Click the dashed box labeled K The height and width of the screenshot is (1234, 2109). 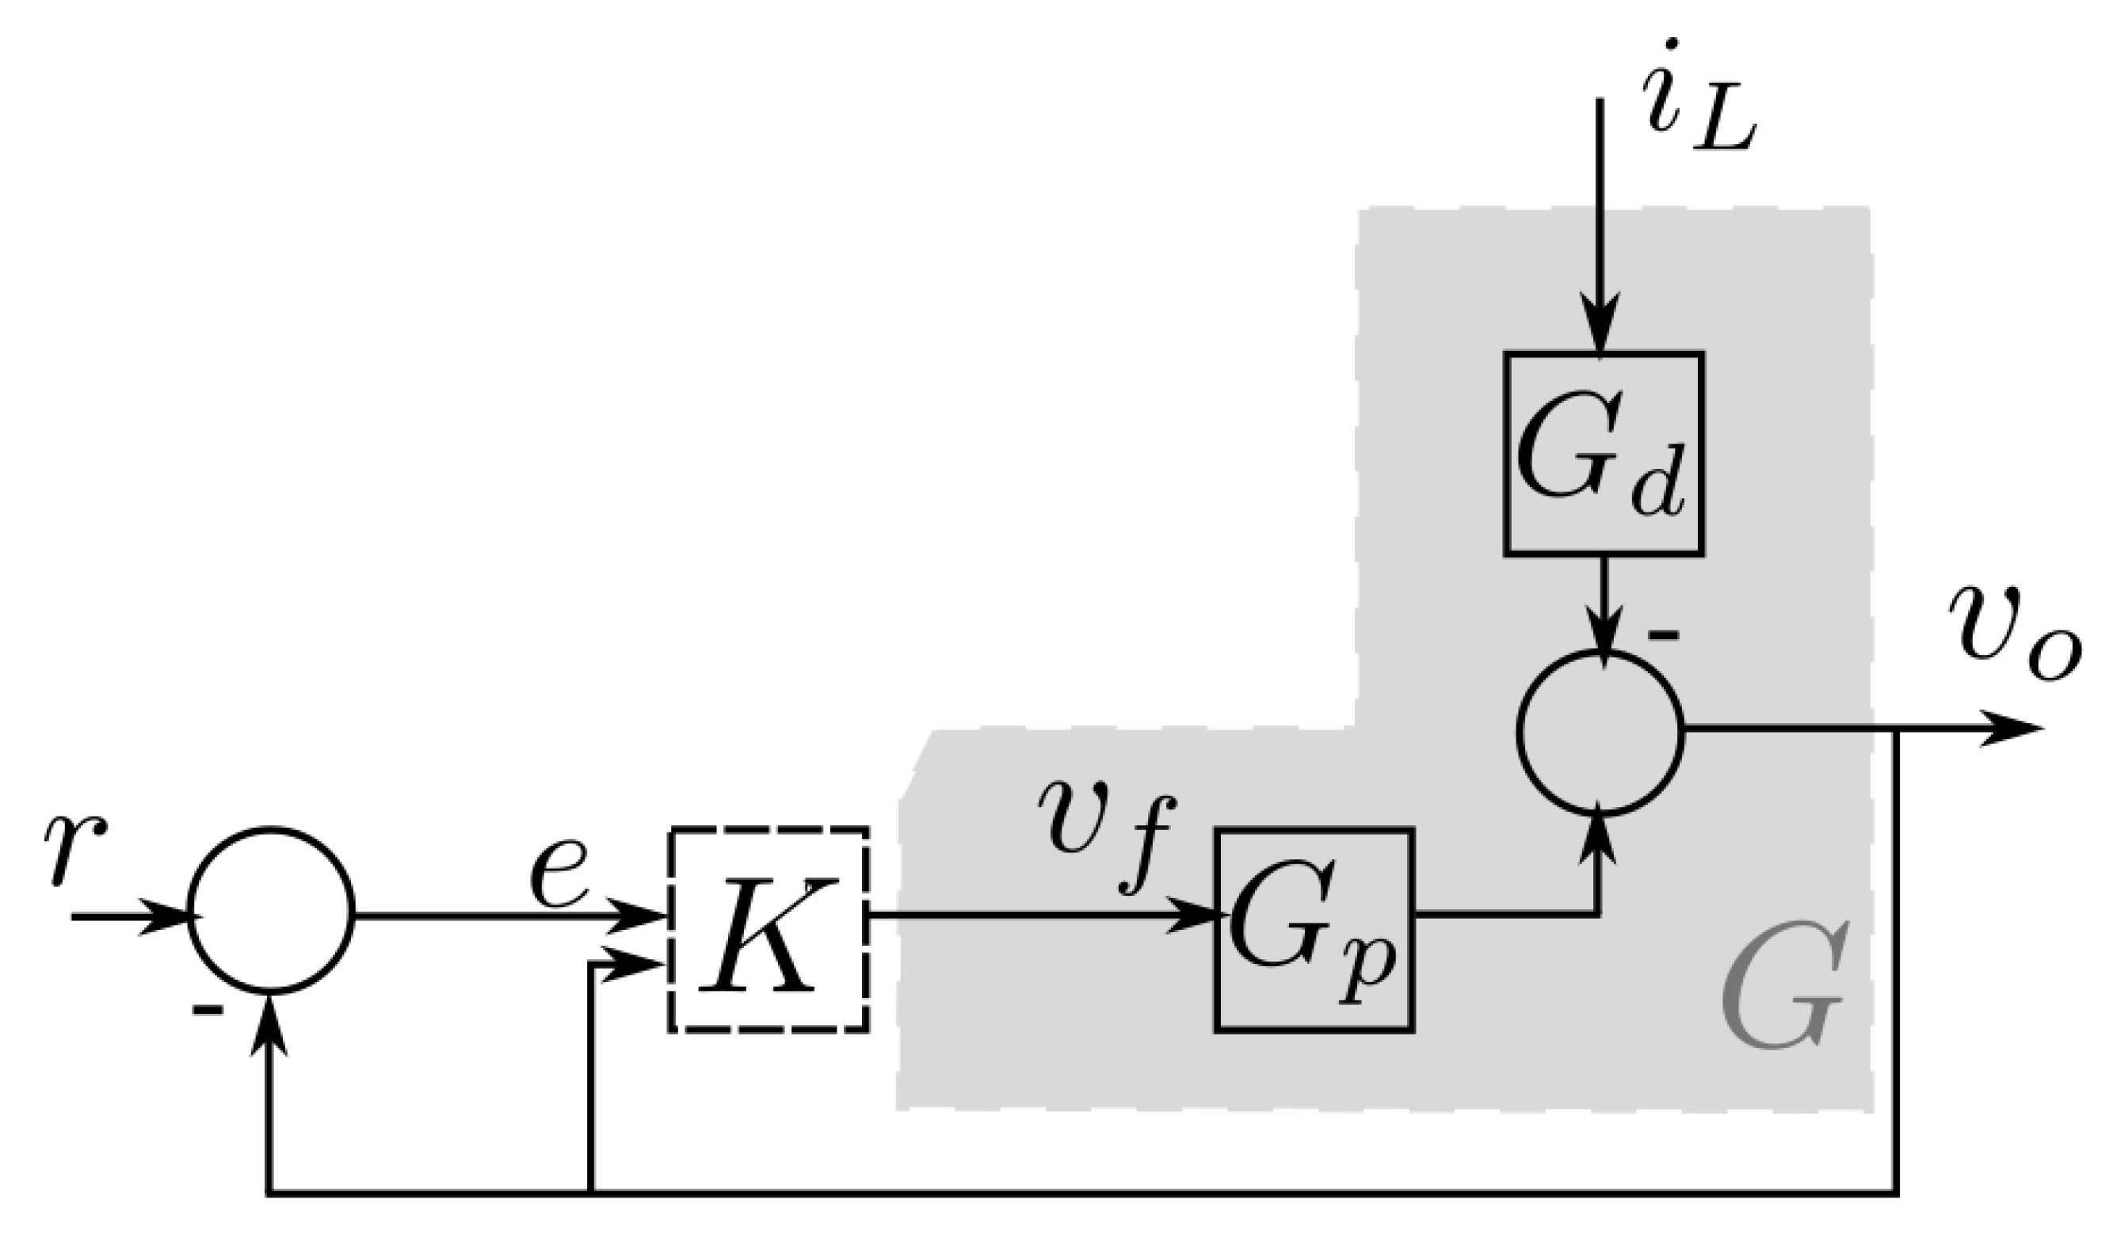click(x=768, y=930)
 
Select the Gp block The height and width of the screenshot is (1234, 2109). click(x=1314, y=930)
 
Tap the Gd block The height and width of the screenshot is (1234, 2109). click(x=1603, y=453)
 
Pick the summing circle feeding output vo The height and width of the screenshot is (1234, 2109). click(x=1600, y=732)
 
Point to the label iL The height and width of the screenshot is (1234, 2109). click(x=1695, y=101)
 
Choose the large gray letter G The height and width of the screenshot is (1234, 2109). click(x=1783, y=987)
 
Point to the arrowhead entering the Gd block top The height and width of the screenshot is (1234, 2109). click(x=1600, y=326)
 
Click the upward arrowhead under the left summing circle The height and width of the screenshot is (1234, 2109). click(x=269, y=1025)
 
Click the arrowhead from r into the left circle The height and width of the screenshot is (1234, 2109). click(x=167, y=916)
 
